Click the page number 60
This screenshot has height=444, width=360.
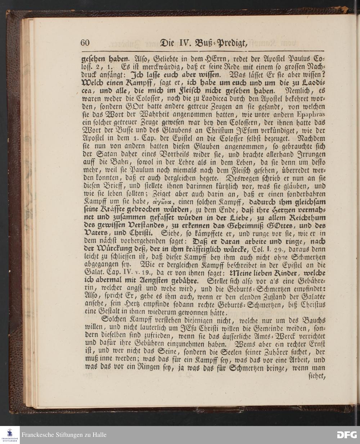coord(85,43)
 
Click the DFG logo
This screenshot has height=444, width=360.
coord(347,435)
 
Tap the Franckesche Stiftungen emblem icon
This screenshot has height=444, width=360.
coord(10,432)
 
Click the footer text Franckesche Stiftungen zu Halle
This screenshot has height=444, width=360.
coord(64,435)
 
